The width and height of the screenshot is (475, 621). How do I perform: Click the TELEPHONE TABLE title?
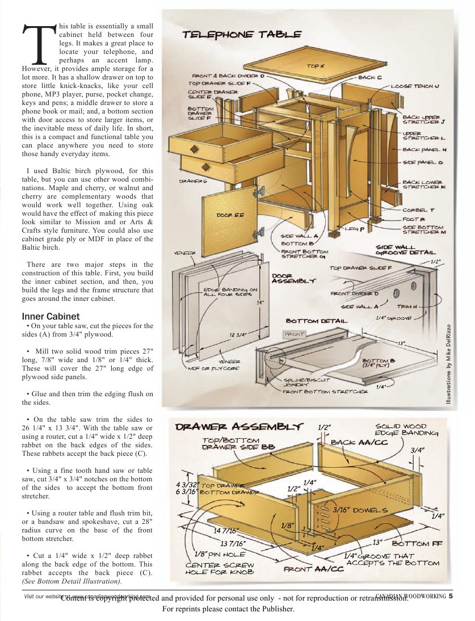click(242, 35)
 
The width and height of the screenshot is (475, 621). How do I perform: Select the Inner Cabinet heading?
click(51, 316)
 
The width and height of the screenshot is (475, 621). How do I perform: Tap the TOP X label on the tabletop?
click(316, 66)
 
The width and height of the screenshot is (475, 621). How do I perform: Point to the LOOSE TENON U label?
click(415, 86)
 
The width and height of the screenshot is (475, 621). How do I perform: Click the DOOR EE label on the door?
click(230, 215)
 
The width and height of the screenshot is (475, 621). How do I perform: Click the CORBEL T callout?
click(418, 210)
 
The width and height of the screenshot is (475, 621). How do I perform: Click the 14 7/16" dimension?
click(226, 531)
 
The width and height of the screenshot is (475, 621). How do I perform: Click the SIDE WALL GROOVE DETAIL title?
click(406, 250)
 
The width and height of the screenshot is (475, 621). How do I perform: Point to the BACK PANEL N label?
click(424, 150)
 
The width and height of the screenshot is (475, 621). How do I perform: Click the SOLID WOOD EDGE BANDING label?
click(407, 430)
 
